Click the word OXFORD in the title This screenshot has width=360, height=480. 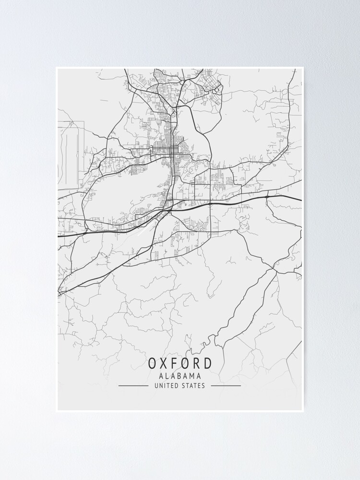point(180,363)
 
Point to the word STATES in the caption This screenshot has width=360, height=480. point(193,385)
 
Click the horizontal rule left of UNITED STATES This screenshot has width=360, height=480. point(133,385)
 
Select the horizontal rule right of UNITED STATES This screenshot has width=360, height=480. point(226,385)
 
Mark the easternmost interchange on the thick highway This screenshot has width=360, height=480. point(267,196)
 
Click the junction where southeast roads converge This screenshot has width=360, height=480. point(275,270)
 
